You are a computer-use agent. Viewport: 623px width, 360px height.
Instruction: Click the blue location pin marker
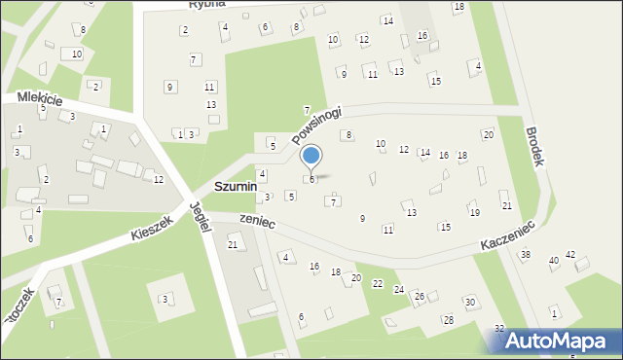point(311,156)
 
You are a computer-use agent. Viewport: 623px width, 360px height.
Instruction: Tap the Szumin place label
point(236,186)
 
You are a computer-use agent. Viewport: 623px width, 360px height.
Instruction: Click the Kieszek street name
point(151,229)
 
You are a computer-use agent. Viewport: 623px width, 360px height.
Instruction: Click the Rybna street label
point(207,4)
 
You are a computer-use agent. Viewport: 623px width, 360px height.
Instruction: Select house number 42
point(571,255)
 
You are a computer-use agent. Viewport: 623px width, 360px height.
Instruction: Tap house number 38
point(525,255)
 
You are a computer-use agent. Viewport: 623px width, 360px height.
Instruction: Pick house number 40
point(554,261)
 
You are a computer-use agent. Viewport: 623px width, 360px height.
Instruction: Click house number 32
point(499,329)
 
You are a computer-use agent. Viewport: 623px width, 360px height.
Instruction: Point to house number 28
point(449,320)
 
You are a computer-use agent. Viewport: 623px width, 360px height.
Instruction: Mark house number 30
point(469,303)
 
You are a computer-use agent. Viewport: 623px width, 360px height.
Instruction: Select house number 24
point(398,290)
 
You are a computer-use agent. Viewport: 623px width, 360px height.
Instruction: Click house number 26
point(420,296)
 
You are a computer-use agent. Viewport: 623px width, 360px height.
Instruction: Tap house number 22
point(378,283)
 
